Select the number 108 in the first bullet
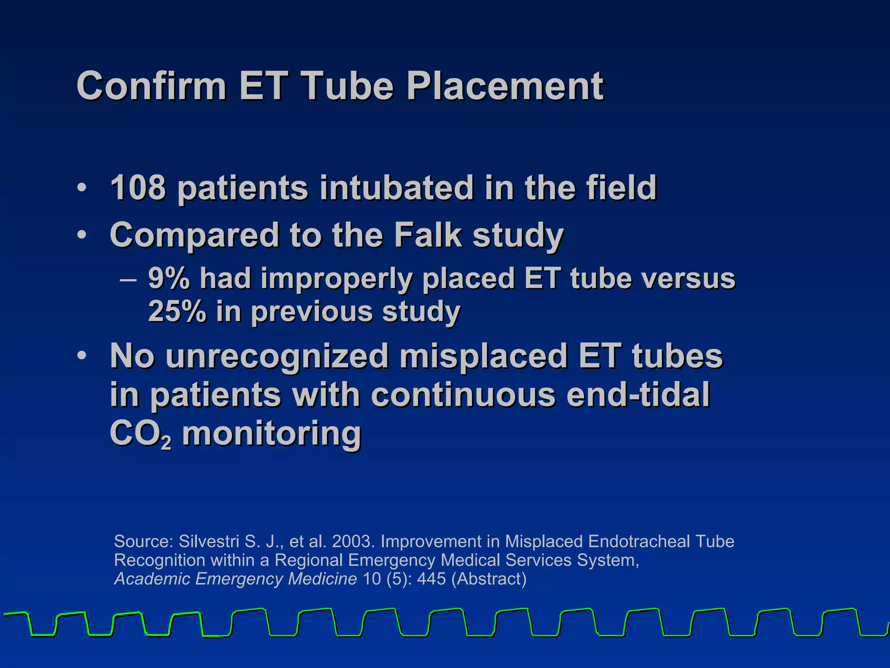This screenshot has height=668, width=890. pyautogui.click(x=138, y=188)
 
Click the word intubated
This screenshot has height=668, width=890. pyautogui.click(x=396, y=188)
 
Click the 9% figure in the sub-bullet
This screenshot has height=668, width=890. pyautogui.click(x=169, y=278)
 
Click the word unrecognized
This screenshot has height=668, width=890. pyautogui.click(x=277, y=356)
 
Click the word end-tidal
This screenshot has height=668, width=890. pyautogui.click(x=638, y=394)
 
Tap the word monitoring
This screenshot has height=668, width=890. pyautogui.click(x=272, y=434)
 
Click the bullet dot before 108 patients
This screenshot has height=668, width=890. pyautogui.click(x=81, y=188)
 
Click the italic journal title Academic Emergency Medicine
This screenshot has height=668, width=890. pyautogui.click(x=235, y=579)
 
